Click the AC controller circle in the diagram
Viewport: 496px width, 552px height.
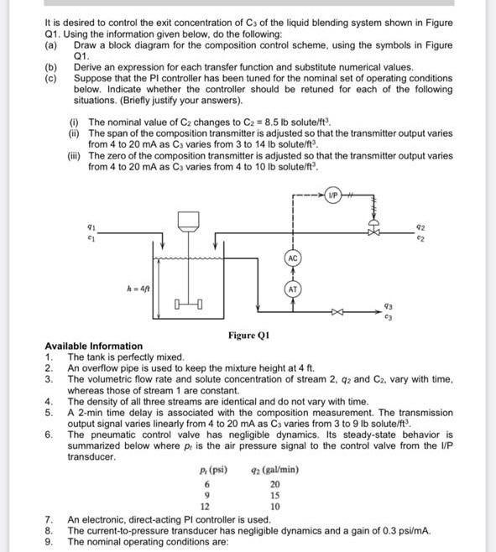(292, 258)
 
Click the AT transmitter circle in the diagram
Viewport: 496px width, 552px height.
(292, 289)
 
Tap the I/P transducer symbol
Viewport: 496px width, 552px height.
(333, 197)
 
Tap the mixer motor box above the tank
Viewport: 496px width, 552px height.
(189, 220)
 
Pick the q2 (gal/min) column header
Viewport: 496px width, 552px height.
(275, 470)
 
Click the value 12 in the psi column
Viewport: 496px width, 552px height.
(206, 508)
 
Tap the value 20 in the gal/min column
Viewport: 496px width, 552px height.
(274, 484)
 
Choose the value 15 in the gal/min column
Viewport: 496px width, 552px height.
(274, 496)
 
